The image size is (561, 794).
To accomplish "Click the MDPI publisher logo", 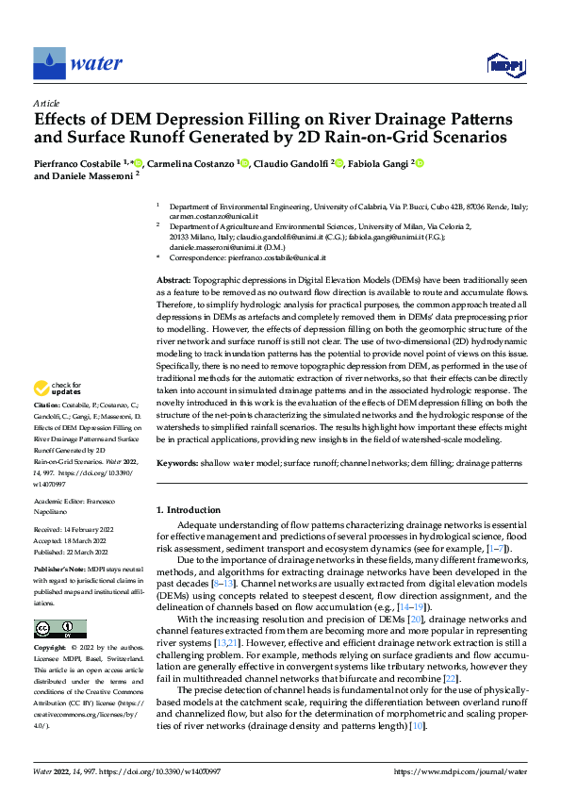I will click(503, 64).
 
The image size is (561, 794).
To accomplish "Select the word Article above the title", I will click(46, 103).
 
